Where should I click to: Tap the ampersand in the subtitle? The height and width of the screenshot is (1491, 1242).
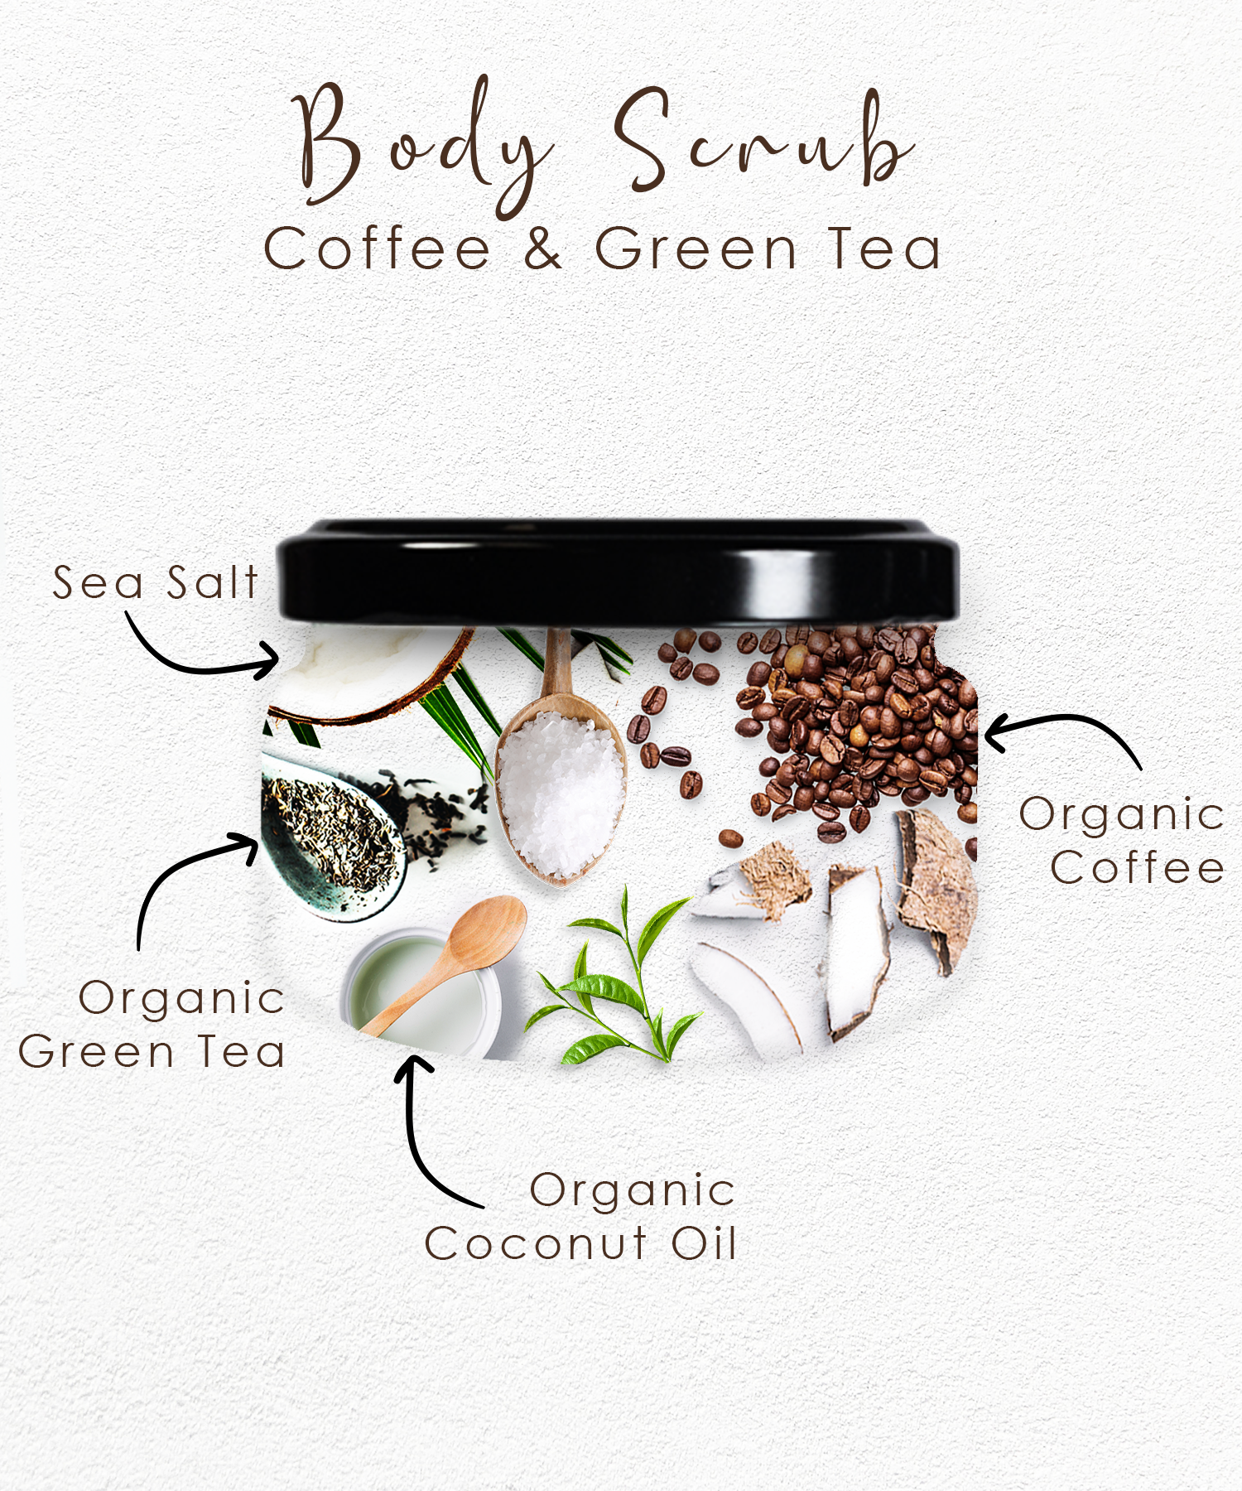(543, 248)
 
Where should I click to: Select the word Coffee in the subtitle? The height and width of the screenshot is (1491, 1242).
(378, 248)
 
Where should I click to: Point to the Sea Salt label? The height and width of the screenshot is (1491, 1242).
(156, 582)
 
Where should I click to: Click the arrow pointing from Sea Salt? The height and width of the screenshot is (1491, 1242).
(199, 654)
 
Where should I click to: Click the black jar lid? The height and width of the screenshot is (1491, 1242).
(617, 572)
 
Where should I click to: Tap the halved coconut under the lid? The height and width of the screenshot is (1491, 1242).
(364, 671)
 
